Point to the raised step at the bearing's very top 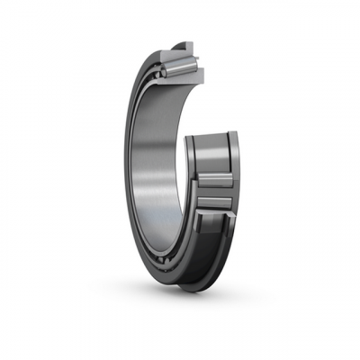click(185, 42)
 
